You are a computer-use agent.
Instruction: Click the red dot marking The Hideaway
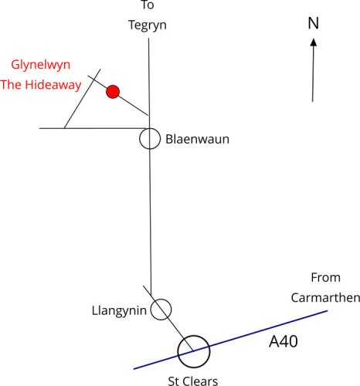[113, 92]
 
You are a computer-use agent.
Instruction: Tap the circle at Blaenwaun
[150, 140]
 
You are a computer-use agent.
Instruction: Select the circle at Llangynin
[161, 310]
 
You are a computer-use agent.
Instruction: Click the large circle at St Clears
[193, 350]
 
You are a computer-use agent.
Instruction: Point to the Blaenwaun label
[198, 141]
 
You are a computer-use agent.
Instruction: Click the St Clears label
[194, 380]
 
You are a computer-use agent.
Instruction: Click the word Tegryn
[147, 25]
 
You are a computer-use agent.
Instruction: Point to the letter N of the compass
[313, 23]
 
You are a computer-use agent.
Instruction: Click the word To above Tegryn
[148, 5]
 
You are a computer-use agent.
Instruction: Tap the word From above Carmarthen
[325, 277]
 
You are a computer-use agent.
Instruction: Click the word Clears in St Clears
[203, 380]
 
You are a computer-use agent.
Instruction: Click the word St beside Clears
[175, 380]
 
